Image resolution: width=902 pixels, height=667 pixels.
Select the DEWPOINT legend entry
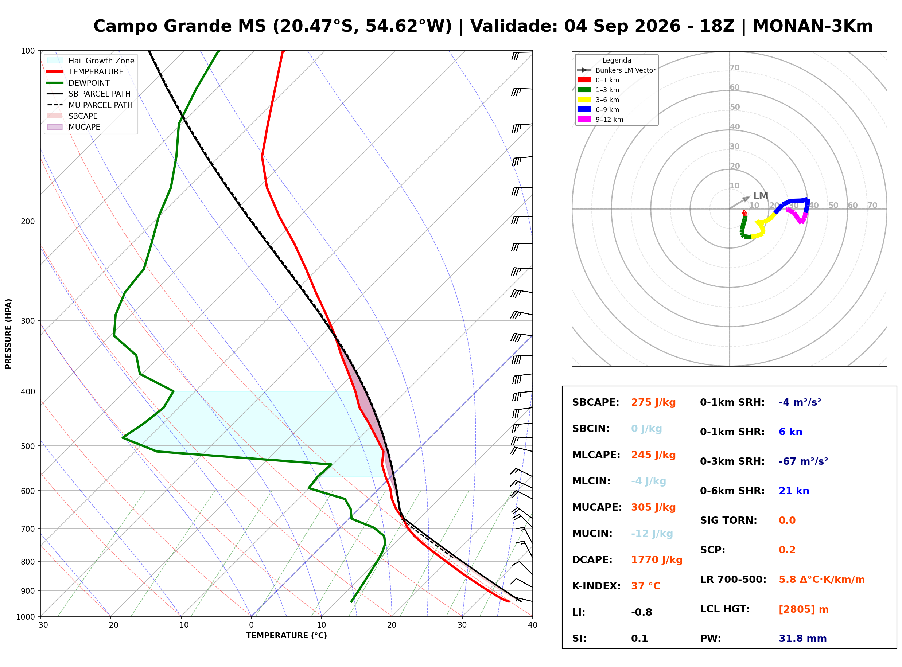[89, 83]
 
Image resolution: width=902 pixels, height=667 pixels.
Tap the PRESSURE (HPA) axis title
[8, 334]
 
